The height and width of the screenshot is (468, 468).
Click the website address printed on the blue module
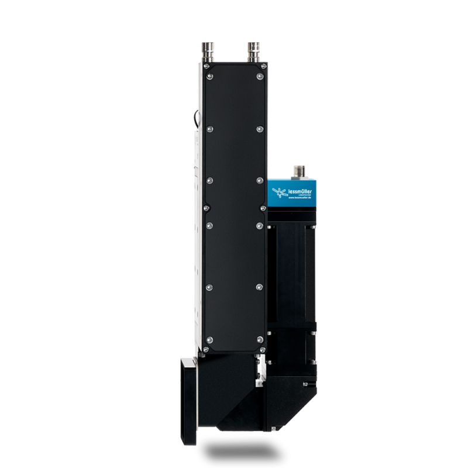coord(302,199)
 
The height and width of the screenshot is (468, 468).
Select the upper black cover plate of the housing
coord(234,135)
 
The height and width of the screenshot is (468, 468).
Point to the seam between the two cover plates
coord(234,205)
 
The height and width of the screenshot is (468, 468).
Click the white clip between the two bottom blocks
coord(259,384)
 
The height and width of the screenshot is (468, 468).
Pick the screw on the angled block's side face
coord(305,383)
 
